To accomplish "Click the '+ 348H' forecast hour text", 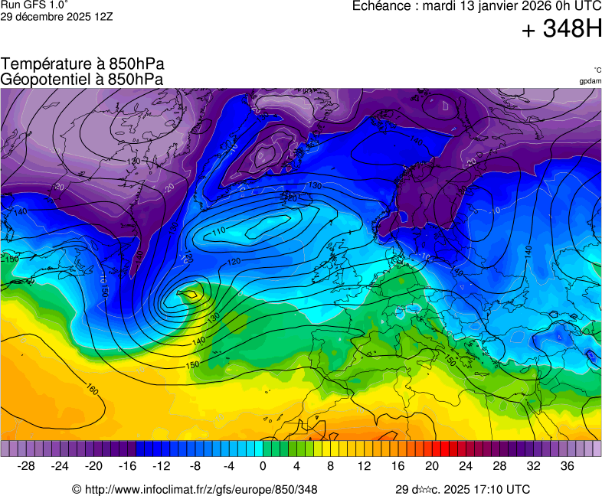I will click(561, 29).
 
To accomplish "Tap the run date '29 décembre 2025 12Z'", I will click(57, 17).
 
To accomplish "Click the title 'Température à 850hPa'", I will click(82, 64).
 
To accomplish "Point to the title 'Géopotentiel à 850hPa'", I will click(82, 79).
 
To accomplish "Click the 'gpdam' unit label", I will click(590, 81).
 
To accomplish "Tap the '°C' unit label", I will click(597, 70).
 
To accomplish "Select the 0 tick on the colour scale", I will click(263, 466).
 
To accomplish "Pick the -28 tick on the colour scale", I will click(27, 466).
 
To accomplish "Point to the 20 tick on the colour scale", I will click(431, 466).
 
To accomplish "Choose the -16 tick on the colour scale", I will click(128, 466).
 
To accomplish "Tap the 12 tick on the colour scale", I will click(364, 466).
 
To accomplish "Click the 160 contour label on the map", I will click(92, 390).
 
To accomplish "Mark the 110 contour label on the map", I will click(219, 231).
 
